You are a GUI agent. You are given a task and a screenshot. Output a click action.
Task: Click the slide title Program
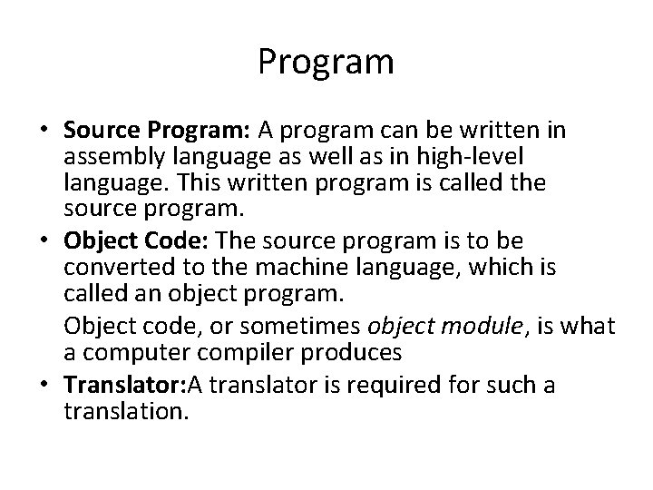326,63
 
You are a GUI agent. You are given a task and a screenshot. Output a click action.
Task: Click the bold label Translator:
122,386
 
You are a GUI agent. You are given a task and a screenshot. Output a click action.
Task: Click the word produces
362,352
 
